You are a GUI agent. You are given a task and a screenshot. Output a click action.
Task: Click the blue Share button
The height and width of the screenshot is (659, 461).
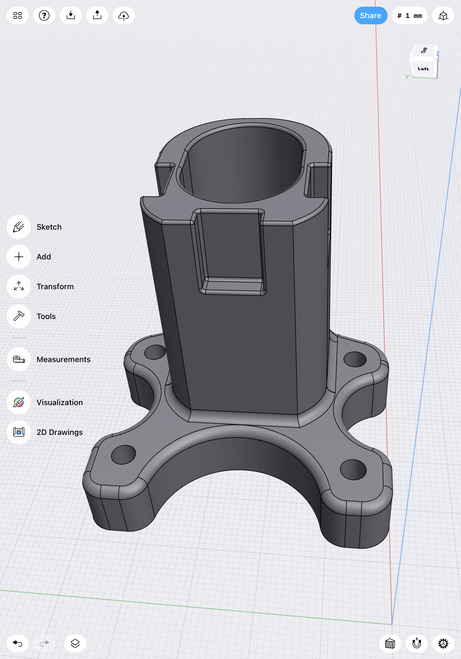click(x=370, y=15)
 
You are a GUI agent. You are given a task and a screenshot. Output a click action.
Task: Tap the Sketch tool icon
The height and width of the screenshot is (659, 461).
click(x=19, y=227)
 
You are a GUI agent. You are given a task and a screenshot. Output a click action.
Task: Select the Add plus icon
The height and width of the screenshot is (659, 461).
click(x=19, y=257)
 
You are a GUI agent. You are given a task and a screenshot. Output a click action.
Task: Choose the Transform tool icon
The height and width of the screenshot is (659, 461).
click(x=19, y=286)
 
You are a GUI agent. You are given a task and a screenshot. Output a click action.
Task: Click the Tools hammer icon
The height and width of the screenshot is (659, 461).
click(x=19, y=316)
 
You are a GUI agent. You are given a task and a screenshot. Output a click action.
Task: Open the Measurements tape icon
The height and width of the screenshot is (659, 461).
click(x=19, y=359)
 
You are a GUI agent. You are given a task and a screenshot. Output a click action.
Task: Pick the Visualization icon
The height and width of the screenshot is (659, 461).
click(x=19, y=402)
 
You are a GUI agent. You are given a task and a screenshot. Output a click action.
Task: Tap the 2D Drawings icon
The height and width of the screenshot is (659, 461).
click(x=19, y=432)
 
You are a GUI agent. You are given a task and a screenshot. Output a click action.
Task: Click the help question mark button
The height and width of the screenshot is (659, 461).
click(x=44, y=15)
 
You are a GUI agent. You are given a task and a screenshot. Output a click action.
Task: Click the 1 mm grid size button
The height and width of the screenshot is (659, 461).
click(x=410, y=15)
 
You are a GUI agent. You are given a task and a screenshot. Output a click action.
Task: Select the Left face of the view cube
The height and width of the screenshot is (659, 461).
click(x=423, y=69)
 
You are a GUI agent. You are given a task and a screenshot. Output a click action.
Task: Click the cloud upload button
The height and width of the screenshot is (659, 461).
click(x=124, y=15)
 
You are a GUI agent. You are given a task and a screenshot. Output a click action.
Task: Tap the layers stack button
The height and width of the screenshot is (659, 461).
click(x=75, y=644)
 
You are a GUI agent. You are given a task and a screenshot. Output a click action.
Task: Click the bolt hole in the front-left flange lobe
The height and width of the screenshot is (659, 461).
click(x=124, y=455)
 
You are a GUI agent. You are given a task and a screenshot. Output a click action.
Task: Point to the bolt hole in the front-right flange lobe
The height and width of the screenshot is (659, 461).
click(x=353, y=470)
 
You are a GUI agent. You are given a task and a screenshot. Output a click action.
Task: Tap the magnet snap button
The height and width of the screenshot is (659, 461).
click(x=417, y=644)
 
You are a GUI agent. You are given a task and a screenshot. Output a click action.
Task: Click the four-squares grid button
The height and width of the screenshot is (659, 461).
click(x=17, y=15)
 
